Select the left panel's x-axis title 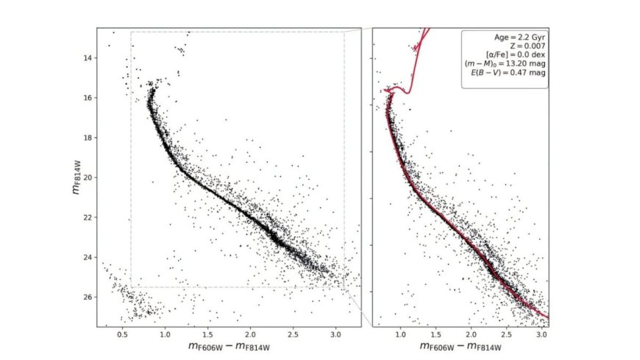point(229,347)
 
